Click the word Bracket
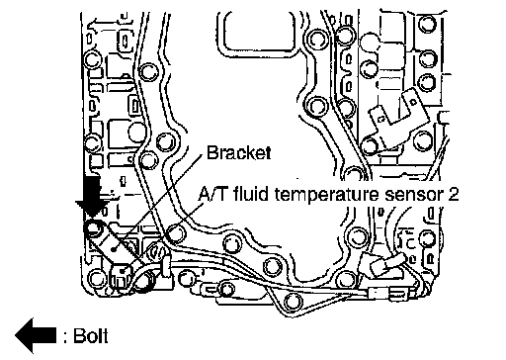[x=239, y=152]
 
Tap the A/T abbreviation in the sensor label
[x=212, y=194]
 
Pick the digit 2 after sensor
[x=454, y=194]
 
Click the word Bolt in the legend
[x=91, y=336]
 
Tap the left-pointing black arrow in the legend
[x=36, y=335]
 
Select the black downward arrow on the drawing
[x=93, y=197]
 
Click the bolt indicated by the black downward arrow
[x=92, y=228]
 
